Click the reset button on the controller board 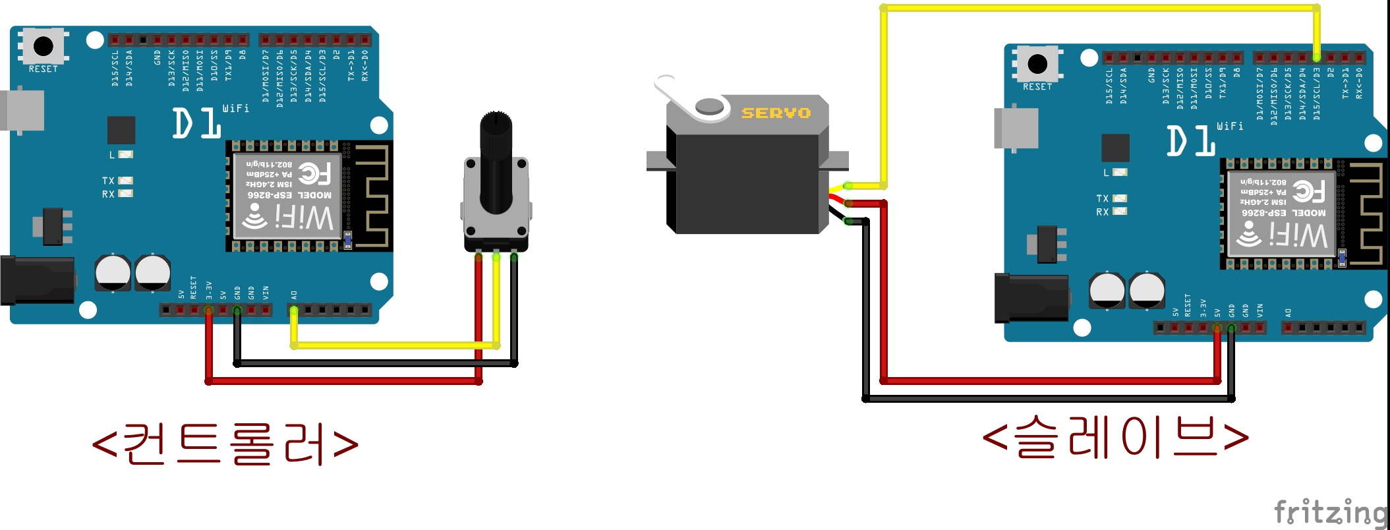(43, 46)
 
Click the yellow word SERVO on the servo (776, 113)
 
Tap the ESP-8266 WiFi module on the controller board (288, 196)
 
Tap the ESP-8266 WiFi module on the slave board (1282, 214)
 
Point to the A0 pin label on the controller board (294, 295)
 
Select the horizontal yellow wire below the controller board (395, 345)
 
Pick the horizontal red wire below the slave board (1048, 380)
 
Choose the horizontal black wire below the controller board (376, 363)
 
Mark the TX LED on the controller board (125, 181)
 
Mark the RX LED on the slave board (1119, 212)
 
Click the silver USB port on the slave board (1016, 129)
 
